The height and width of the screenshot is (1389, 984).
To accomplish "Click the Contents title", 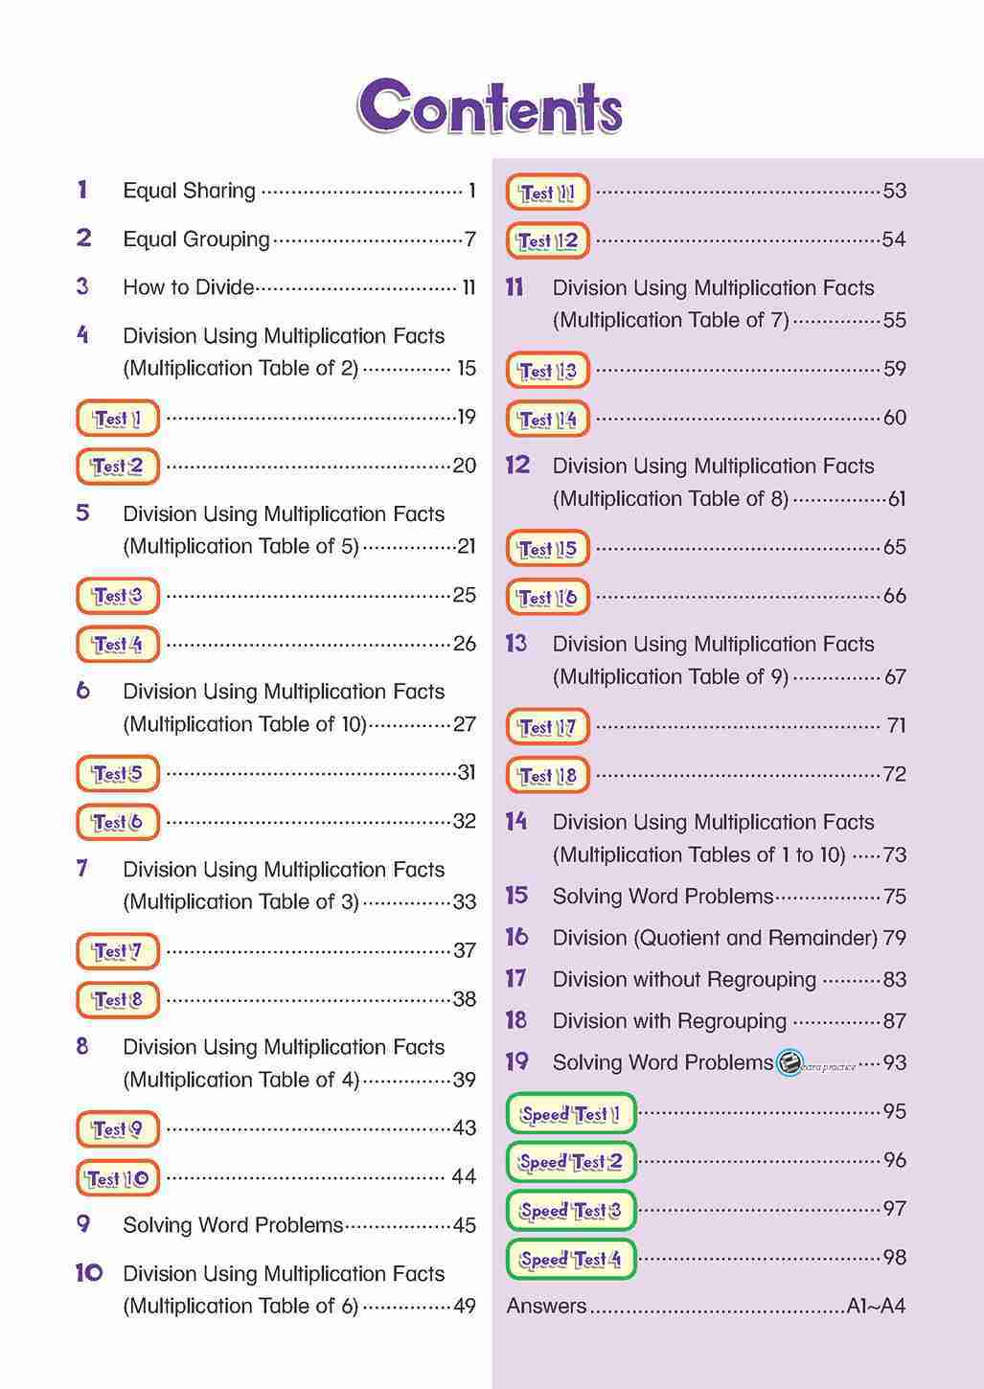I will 490,106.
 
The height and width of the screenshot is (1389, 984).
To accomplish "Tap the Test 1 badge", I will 117,418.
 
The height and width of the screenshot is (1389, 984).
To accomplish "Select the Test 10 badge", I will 117,1177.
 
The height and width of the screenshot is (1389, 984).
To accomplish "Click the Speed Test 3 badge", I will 570,1210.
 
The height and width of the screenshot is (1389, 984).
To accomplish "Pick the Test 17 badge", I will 547,727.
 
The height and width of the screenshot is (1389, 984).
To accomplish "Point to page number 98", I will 894,1257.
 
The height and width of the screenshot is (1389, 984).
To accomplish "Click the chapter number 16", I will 516,937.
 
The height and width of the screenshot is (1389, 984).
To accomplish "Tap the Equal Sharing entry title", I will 189,191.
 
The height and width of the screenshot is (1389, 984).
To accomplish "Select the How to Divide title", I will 189,287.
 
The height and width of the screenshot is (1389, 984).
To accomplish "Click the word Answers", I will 546,1306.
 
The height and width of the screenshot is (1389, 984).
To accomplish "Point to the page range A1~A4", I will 876,1306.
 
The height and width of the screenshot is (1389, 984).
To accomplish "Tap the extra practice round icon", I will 789,1062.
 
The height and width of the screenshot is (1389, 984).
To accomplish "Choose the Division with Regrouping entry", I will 669,1021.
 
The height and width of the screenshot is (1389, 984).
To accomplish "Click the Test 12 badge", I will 547,240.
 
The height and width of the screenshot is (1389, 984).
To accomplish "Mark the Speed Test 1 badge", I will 570,1113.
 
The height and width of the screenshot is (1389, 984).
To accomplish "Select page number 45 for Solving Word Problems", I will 464,1225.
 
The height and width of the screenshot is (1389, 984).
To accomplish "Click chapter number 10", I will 89,1273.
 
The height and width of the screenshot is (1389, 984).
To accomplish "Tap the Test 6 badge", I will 117,822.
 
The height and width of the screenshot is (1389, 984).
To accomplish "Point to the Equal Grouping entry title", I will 195,239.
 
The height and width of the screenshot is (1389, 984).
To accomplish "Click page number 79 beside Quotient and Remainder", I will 894,938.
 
